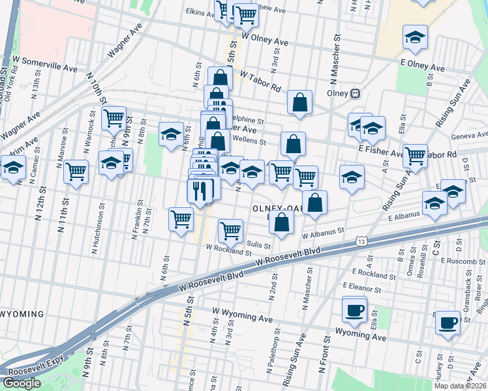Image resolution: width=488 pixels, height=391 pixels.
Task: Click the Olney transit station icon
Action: coord(356,93)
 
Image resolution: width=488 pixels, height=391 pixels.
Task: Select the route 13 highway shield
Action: coord(361,241)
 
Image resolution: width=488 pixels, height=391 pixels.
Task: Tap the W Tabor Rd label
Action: coord(260,81)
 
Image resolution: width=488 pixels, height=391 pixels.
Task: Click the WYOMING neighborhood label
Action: coord(22,314)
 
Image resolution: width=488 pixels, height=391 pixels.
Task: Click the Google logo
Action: coord(22,383)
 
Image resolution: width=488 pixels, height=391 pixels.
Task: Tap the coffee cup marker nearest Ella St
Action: coord(354,310)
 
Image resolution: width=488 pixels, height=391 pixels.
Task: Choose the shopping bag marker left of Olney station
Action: coord(299,102)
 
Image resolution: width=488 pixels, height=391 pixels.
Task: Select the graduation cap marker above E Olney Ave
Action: coord(414,38)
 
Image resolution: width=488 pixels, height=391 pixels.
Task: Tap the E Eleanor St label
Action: coord(369,286)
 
